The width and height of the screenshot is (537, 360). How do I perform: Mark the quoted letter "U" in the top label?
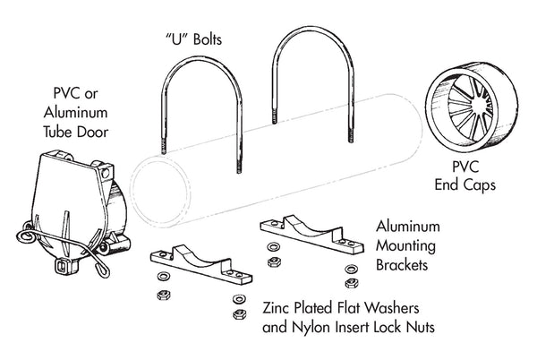[169, 41]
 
